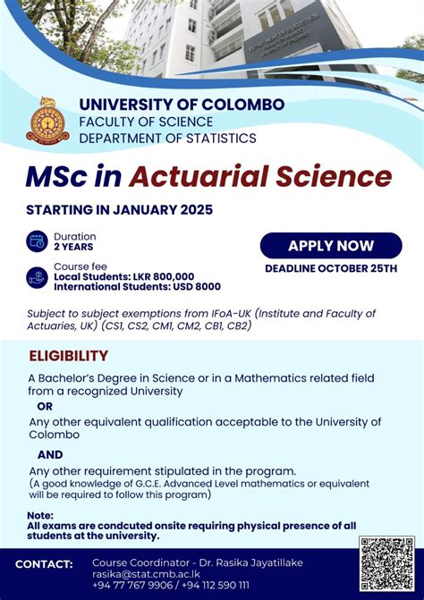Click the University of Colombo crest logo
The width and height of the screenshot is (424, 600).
point(47,119)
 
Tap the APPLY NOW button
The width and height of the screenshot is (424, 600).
point(331,246)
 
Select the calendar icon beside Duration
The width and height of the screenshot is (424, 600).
point(38,241)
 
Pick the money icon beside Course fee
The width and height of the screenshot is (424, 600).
point(38,276)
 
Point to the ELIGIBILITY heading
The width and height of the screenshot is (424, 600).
point(70,356)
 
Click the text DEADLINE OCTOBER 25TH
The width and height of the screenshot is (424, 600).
point(331,268)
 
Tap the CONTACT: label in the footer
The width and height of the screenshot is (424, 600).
point(44,563)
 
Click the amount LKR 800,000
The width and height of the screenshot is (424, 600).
point(160,276)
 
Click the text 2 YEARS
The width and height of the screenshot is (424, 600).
point(73,247)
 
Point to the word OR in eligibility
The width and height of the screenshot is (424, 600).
point(45,406)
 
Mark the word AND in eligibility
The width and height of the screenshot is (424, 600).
point(50,454)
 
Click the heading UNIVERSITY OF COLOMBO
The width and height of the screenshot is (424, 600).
point(182,105)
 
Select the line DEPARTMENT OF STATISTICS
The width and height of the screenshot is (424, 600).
point(167,138)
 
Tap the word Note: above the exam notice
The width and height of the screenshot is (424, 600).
point(40,516)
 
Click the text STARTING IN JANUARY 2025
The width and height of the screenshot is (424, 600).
point(120,210)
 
